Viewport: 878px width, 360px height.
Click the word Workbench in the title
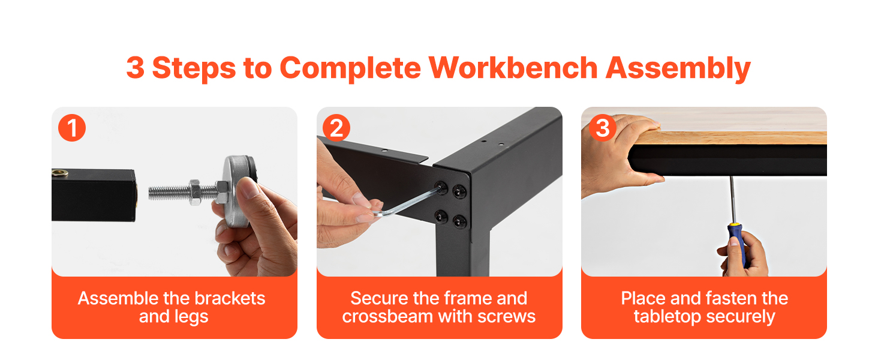click(513, 68)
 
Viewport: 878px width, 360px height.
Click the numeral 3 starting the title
click(135, 68)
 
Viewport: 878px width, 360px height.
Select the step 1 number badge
click(72, 128)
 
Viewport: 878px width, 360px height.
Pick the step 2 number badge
click(336, 128)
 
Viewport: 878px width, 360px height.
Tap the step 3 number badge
click(603, 128)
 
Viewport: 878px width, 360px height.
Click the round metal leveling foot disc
click(237, 191)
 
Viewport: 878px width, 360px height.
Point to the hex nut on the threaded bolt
click(195, 192)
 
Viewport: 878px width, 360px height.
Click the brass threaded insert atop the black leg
click(60, 173)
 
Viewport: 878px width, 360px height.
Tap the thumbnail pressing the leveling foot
click(248, 187)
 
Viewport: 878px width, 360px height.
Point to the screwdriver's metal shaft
click(732, 200)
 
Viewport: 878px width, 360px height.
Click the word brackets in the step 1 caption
click(230, 298)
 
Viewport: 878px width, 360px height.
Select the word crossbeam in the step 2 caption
click(387, 316)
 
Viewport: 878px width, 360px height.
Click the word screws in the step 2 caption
click(510, 317)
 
